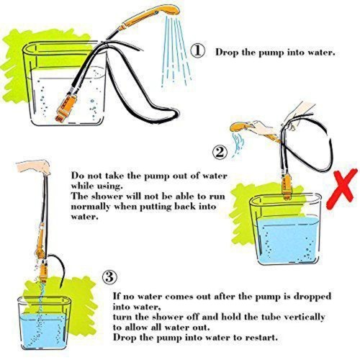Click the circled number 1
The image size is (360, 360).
coord(197,51)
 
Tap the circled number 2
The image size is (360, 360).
coord(220,152)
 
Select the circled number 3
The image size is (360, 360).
coord(110,277)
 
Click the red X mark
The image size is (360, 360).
coord(342,189)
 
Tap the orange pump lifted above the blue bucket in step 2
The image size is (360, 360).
coord(287,186)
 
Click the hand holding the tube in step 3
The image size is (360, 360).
coord(34,167)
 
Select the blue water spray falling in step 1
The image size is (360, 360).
coord(177,52)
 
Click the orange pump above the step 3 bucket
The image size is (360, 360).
coord(43,272)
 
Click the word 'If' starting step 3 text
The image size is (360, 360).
coord(117,296)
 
